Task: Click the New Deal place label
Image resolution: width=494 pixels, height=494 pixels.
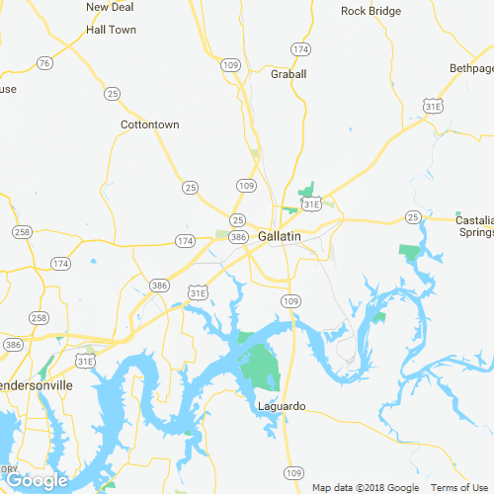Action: pos(110,7)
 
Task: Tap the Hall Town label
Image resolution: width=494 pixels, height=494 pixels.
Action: pos(111,30)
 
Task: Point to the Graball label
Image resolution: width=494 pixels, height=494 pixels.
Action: pos(288,74)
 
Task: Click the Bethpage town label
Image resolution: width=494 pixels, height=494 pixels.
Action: pos(471,68)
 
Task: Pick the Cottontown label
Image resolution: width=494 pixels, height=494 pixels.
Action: pos(149,125)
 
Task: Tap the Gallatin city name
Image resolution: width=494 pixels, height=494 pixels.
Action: pos(279,238)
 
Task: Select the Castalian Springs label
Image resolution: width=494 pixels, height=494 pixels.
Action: pos(475,225)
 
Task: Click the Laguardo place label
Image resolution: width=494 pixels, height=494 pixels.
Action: pos(282,406)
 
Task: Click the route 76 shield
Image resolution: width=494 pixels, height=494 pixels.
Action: pos(43,63)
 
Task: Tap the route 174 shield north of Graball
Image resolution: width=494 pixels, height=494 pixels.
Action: pos(300,48)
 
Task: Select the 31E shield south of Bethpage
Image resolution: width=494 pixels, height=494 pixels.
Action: pos(434,105)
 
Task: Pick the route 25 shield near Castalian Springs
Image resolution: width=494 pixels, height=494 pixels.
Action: pos(413,216)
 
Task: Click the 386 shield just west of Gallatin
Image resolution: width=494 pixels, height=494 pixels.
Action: pos(237,237)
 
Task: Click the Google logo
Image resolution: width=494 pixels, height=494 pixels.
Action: pos(37,481)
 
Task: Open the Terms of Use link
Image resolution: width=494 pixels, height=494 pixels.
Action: pos(458,488)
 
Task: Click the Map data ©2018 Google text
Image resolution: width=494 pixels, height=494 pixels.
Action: pos(366,488)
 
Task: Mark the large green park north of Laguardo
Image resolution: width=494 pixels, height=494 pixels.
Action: pos(261,367)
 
